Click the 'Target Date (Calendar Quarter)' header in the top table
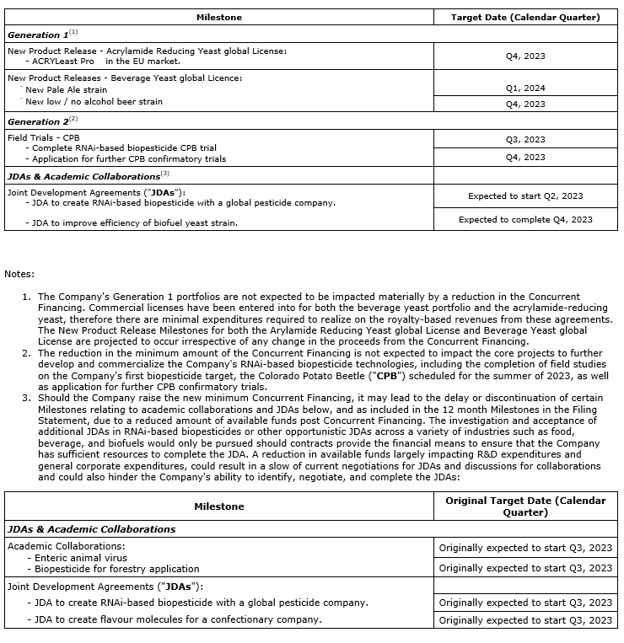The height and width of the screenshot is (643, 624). (525, 17)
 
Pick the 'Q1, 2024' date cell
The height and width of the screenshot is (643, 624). (525, 88)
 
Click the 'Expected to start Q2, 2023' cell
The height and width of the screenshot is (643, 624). (525, 196)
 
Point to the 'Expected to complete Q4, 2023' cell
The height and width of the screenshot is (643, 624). (525, 220)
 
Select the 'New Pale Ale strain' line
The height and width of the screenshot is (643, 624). (67, 89)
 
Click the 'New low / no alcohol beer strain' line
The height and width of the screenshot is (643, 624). (94, 102)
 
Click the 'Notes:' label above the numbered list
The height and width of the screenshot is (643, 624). (19, 274)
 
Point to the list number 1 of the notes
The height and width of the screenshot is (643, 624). (26, 297)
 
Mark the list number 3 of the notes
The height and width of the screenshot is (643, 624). (26, 398)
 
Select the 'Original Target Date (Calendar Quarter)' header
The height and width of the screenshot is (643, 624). (525, 506)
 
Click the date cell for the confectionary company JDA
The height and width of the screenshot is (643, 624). (525, 620)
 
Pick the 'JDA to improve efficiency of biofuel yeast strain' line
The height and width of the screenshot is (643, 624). (135, 222)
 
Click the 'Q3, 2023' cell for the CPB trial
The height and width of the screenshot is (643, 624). (525, 140)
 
